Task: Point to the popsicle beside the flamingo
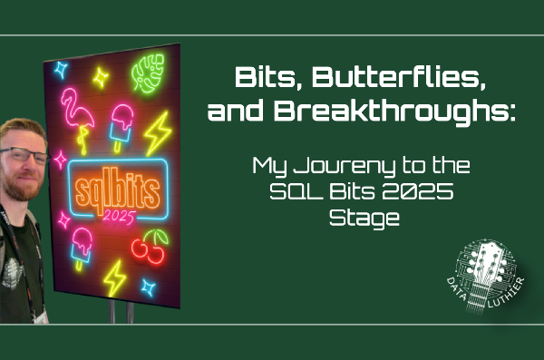[x=121, y=122]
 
